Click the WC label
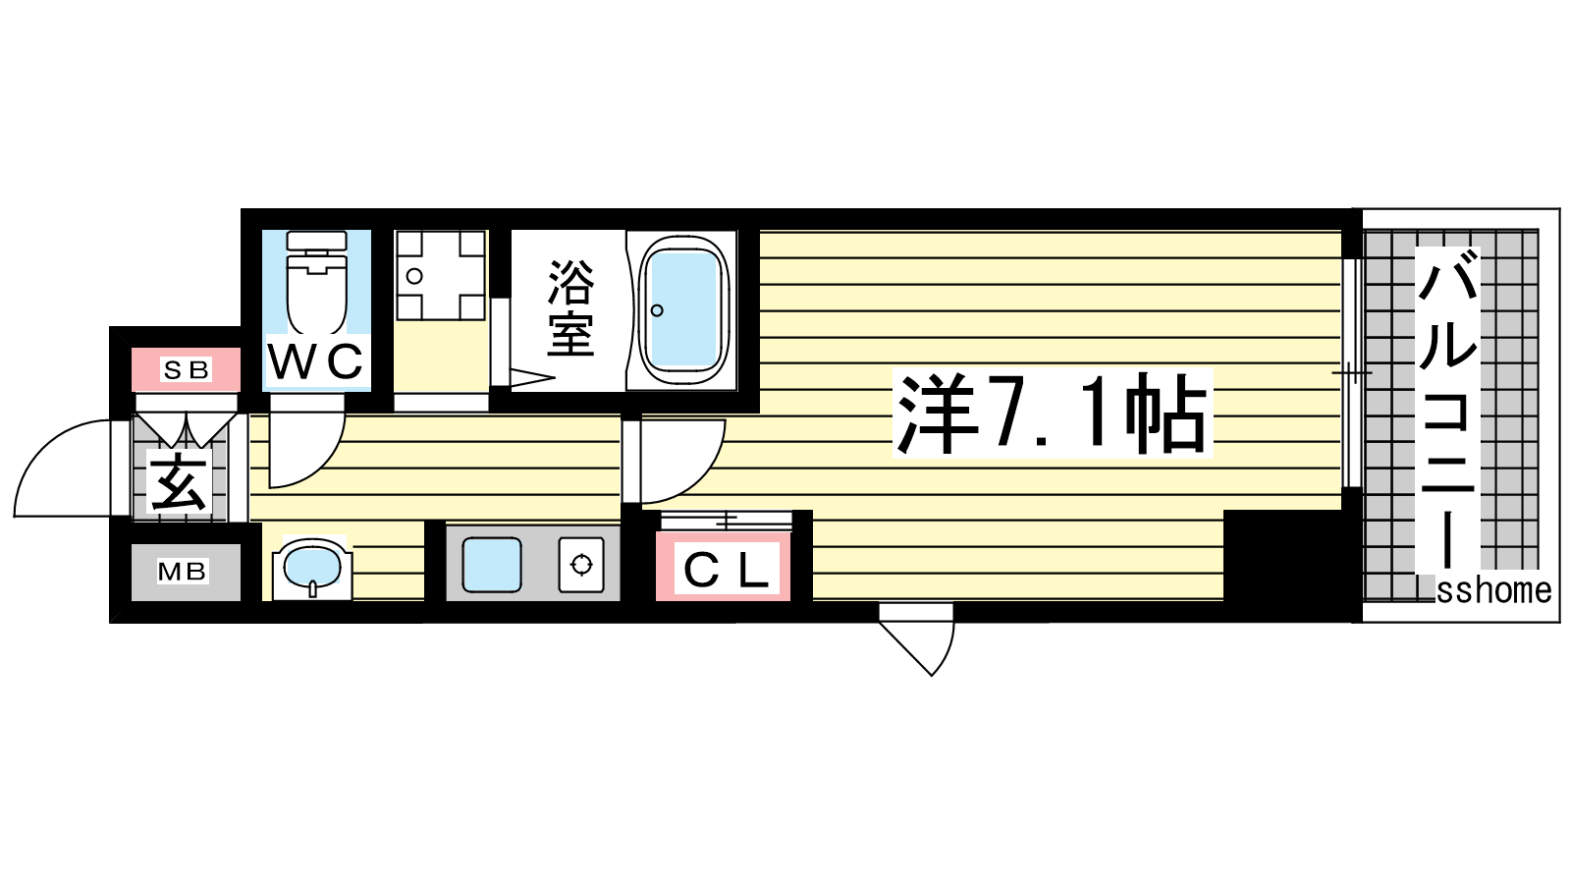pos(316,362)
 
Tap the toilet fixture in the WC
pos(317,283)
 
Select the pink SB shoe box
pos(186,369)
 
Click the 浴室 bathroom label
pos(570,308)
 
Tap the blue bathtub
pos(682,310)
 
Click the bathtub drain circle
pos(657,310)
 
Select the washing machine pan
pos(441,276)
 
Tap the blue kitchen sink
pos(492,565)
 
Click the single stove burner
pos(581,565)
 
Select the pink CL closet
pos(723,566)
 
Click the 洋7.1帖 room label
pos(1052,414)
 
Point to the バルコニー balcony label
pos(1447,410)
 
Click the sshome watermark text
pos(1493,590)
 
